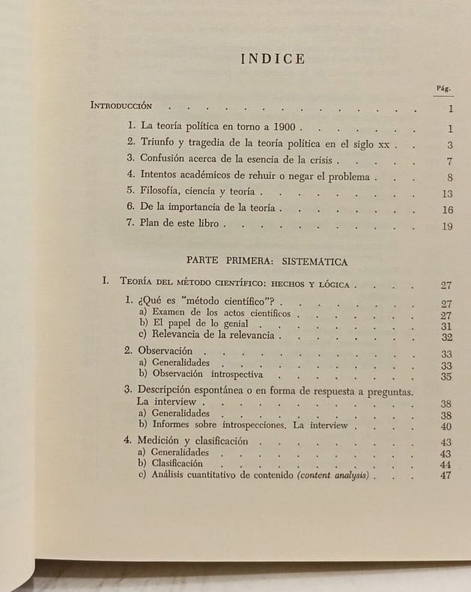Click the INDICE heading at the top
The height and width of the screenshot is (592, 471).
tap(273, 59)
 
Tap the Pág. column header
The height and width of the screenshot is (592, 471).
tap(443, 88)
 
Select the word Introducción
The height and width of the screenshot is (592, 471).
tap(121, 106)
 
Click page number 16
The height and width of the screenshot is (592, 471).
tap(448, 211)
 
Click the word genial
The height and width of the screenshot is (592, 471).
tap(232, 324)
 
